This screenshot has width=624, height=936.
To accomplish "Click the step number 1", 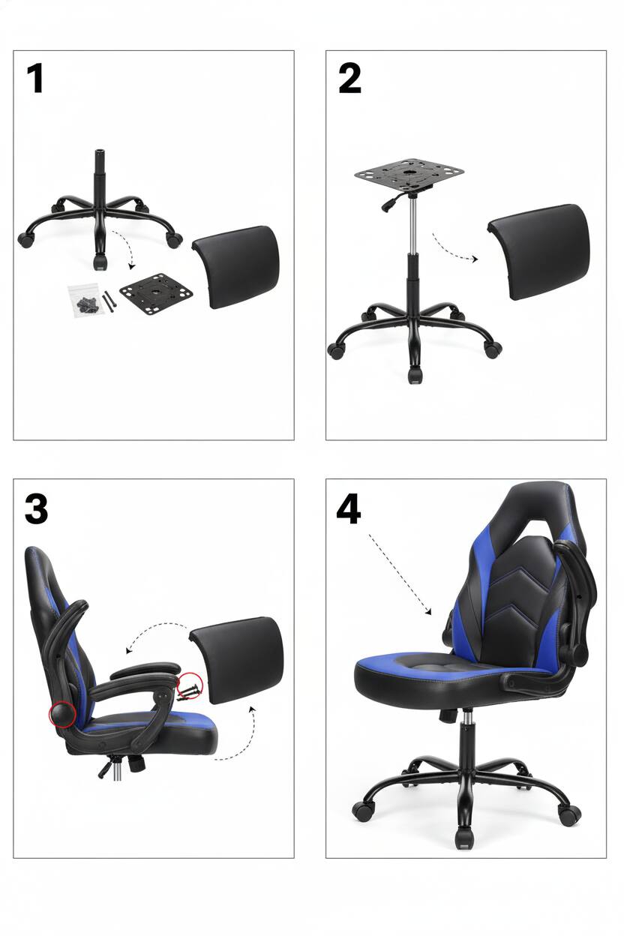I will coord(34,78).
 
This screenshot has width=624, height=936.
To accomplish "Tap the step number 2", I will coord(349,78).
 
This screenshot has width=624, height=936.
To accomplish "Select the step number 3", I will coord(36,508).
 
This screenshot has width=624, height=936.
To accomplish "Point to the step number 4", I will coord(348,508).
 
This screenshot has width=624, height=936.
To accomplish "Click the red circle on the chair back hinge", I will coord(61,714).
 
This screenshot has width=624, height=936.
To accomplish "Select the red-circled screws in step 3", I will coord(190,684).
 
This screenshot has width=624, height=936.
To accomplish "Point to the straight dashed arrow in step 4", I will coord(400,574).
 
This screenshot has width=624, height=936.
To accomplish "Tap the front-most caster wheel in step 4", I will coord(463,838).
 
